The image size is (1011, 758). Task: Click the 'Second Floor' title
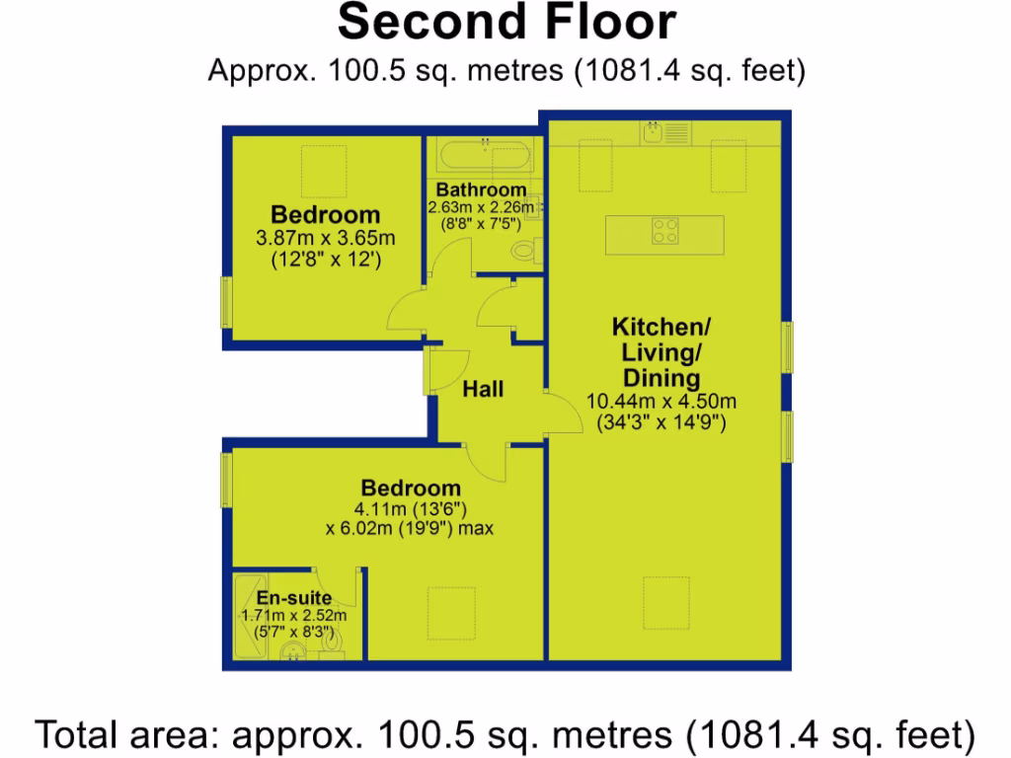click(x=506, y=22)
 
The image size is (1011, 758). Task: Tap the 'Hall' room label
click(x=483, y=389)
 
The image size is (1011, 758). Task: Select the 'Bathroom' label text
click(x=482, y=189)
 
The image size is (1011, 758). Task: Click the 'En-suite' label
click(x=294, y=598)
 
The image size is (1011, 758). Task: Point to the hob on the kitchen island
click(x=665, y=232)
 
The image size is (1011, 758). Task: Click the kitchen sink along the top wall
click(x=655, y=130)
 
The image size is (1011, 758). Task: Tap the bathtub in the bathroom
click(x=485, y=155)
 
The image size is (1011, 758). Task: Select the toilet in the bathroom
click(x=523, y=252)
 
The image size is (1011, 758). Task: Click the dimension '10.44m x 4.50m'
click(x=661, y=402)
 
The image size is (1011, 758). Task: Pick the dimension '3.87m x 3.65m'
click(x=325, y=238)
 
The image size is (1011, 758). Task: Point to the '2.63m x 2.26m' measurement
click(x=481, y=207)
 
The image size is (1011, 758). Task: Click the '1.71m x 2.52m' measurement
click(x=293, y=615)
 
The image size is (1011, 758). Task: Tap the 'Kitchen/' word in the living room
click(x=661, y=327)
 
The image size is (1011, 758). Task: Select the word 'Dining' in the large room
click(x=661, y=378)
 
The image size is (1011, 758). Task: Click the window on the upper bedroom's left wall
click(x=225, y=301)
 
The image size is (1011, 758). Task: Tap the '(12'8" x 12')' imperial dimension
click(x=325, y=261)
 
